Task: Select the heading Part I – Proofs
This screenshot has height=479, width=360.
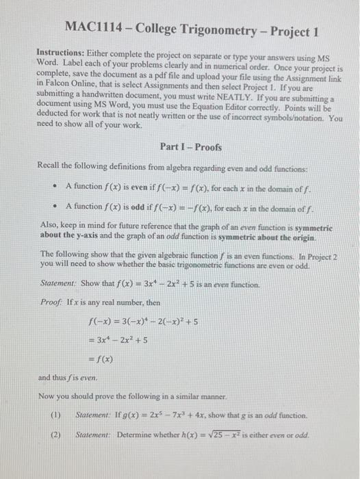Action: [x=190, y=147]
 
